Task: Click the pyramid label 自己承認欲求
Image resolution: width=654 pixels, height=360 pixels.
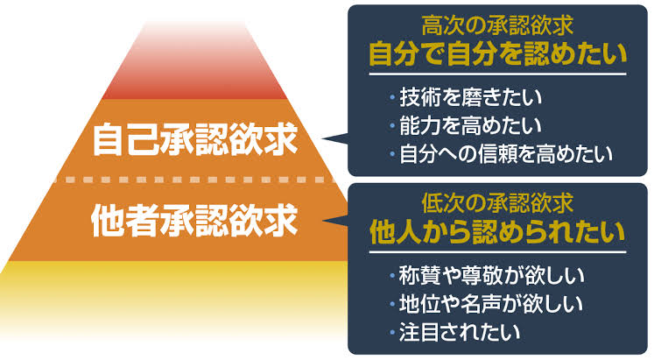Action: [195, 139]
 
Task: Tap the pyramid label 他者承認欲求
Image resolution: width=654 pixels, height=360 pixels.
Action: [194, 220]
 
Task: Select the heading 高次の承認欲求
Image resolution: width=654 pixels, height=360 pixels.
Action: [497, 26]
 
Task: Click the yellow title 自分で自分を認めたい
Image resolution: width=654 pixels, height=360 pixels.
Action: [497, 53]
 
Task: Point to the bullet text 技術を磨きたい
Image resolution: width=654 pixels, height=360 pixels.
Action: [470, 97]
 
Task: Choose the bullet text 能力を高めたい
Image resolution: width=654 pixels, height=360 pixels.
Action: [470, 125]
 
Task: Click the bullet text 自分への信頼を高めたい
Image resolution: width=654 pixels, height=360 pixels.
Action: [506, 153]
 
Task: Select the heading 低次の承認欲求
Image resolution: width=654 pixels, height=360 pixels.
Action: [497, 203]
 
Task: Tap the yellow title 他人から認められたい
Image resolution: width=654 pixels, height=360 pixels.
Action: [497, 231]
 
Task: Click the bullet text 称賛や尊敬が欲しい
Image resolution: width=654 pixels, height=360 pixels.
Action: [491, 275]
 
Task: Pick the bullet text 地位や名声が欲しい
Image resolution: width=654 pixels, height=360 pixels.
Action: [491, 304]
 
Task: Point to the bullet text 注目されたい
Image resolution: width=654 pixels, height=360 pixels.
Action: [460, 332]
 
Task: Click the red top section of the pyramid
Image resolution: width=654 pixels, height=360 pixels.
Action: [195, 60]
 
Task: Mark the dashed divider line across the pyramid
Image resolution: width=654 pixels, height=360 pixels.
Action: [196, 180]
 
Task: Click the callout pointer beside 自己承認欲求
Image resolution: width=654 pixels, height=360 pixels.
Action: [335, 138]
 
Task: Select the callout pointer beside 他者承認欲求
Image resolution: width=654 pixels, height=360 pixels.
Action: [336, 220]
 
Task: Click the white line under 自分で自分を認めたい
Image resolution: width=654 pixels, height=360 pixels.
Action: [497, 74]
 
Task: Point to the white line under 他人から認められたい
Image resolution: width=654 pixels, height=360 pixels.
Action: [497, 252]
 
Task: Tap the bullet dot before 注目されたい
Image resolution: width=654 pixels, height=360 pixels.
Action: [392, 333]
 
